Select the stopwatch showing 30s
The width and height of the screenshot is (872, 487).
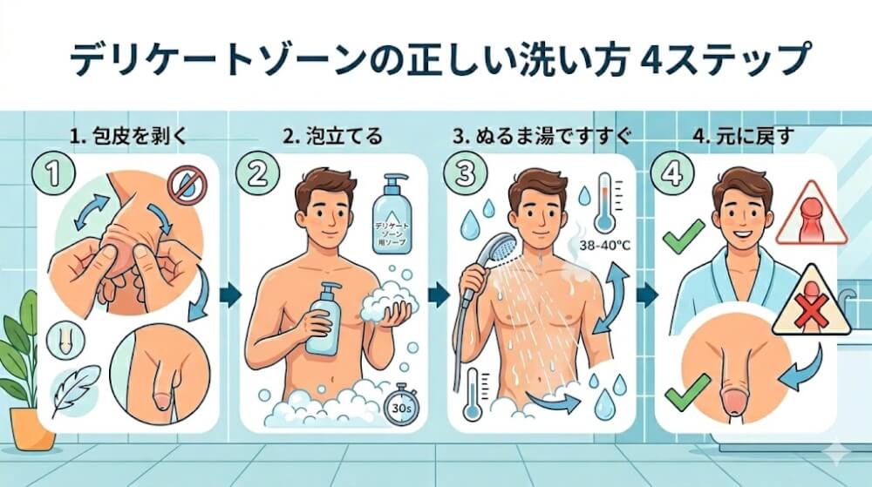401,404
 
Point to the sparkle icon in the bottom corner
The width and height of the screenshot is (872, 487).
837,453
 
